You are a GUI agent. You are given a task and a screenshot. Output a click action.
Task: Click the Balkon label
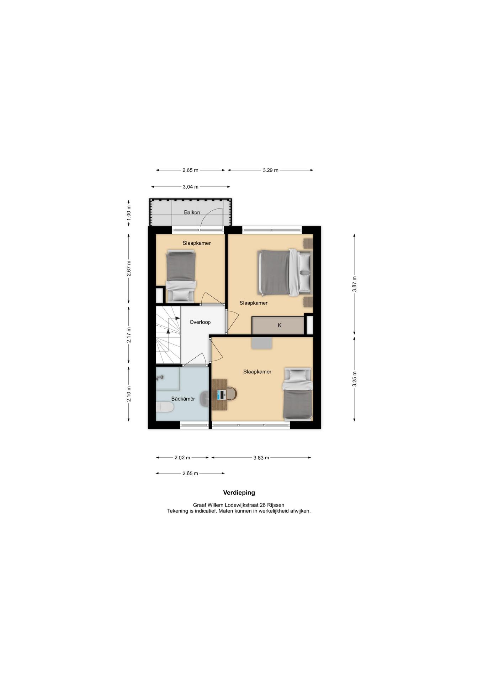[192, 212]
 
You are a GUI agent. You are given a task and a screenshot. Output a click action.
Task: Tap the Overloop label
[200, 322]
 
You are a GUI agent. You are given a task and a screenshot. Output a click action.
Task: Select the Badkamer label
[183, 399]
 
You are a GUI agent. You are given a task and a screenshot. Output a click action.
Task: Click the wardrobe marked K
[278, 325]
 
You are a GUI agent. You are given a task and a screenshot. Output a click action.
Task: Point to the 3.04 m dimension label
[191, 187]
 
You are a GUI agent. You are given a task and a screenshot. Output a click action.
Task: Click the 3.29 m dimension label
[271, 170]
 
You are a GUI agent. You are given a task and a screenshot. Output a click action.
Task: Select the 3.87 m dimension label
[354, 284]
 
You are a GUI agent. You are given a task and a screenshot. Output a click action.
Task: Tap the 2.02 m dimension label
[182, 458]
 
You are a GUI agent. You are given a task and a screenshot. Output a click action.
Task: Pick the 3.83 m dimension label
[261, 458]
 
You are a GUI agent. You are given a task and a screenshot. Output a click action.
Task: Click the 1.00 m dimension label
[129, 212]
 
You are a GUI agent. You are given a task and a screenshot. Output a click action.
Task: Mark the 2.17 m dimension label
[129, 335]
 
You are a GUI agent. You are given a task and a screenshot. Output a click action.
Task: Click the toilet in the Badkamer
[165, 407]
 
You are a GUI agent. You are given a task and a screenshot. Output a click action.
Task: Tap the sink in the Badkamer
[204, 399]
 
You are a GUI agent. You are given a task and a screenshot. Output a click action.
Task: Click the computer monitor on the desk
[222, 394]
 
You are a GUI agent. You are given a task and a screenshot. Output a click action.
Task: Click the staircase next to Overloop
[168, 335]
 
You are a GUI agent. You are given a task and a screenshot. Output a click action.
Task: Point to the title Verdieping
[239, 493]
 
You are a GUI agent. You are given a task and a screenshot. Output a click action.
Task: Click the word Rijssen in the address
[276, 505]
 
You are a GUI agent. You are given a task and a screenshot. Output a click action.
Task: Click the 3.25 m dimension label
[354, 379]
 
